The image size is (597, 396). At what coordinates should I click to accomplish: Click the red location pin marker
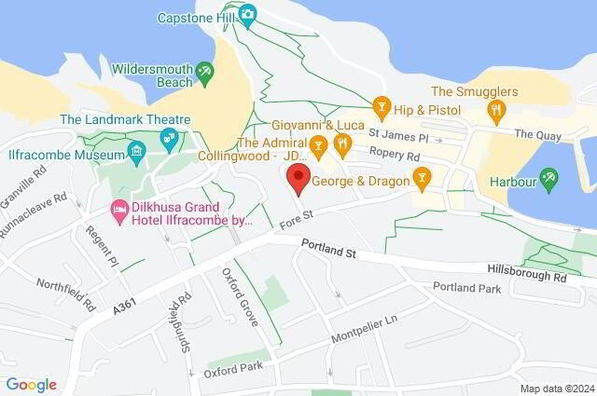[x=298, y=178]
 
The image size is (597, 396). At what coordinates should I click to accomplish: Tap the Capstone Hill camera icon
[x=247, y=13]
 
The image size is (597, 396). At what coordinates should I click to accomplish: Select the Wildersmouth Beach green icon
[x=204, y=71]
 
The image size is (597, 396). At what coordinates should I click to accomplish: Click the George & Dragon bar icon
[x=422, y=176]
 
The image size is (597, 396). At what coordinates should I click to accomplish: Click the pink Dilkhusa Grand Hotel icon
[x=118, y=207]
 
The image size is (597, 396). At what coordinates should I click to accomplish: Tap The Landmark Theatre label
[x=125, y=119]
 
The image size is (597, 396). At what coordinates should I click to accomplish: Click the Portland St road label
[x=328, y=247]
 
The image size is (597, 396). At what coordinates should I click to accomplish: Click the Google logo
[x=31, y=384]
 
